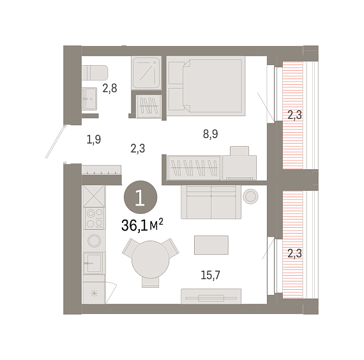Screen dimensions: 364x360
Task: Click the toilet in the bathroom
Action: (x=95, y=73)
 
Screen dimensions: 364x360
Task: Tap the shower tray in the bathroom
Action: (x=146, y=73)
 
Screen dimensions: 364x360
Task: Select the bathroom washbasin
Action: (x=89, y=99)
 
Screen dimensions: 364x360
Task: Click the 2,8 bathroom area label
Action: (x=110, y=88)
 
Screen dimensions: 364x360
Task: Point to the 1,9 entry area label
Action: (x=93, y=140)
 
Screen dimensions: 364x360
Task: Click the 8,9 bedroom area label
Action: (x=210, y=134)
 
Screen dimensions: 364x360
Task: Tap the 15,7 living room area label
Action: (x=210, y=275)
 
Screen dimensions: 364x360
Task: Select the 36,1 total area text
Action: (x=142, y=225)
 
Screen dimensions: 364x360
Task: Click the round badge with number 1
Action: (x=140, y=197)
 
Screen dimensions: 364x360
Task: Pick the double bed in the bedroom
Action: (x=206, y=86)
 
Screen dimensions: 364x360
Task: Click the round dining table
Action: (x=151, y=260)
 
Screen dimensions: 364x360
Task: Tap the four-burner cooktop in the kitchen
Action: (x=95, y=218)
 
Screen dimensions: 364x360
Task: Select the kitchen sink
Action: (x=94, y=263)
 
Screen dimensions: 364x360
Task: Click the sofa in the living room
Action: (x=211, y=202)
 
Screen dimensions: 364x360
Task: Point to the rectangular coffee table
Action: (x=211, y=245)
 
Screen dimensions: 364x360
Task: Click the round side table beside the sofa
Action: (x=250, y=197)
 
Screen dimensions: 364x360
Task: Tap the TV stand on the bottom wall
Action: (x=211, y=296)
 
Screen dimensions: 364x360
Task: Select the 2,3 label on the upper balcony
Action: (x=294, y=115)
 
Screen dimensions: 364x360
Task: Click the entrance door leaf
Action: (x=56, y=142)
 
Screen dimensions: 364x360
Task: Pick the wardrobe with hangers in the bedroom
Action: (x=193, y=168)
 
